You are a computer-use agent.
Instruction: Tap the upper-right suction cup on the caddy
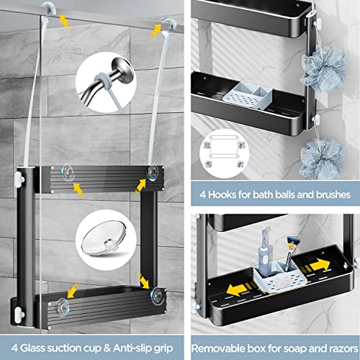[153, 171]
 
